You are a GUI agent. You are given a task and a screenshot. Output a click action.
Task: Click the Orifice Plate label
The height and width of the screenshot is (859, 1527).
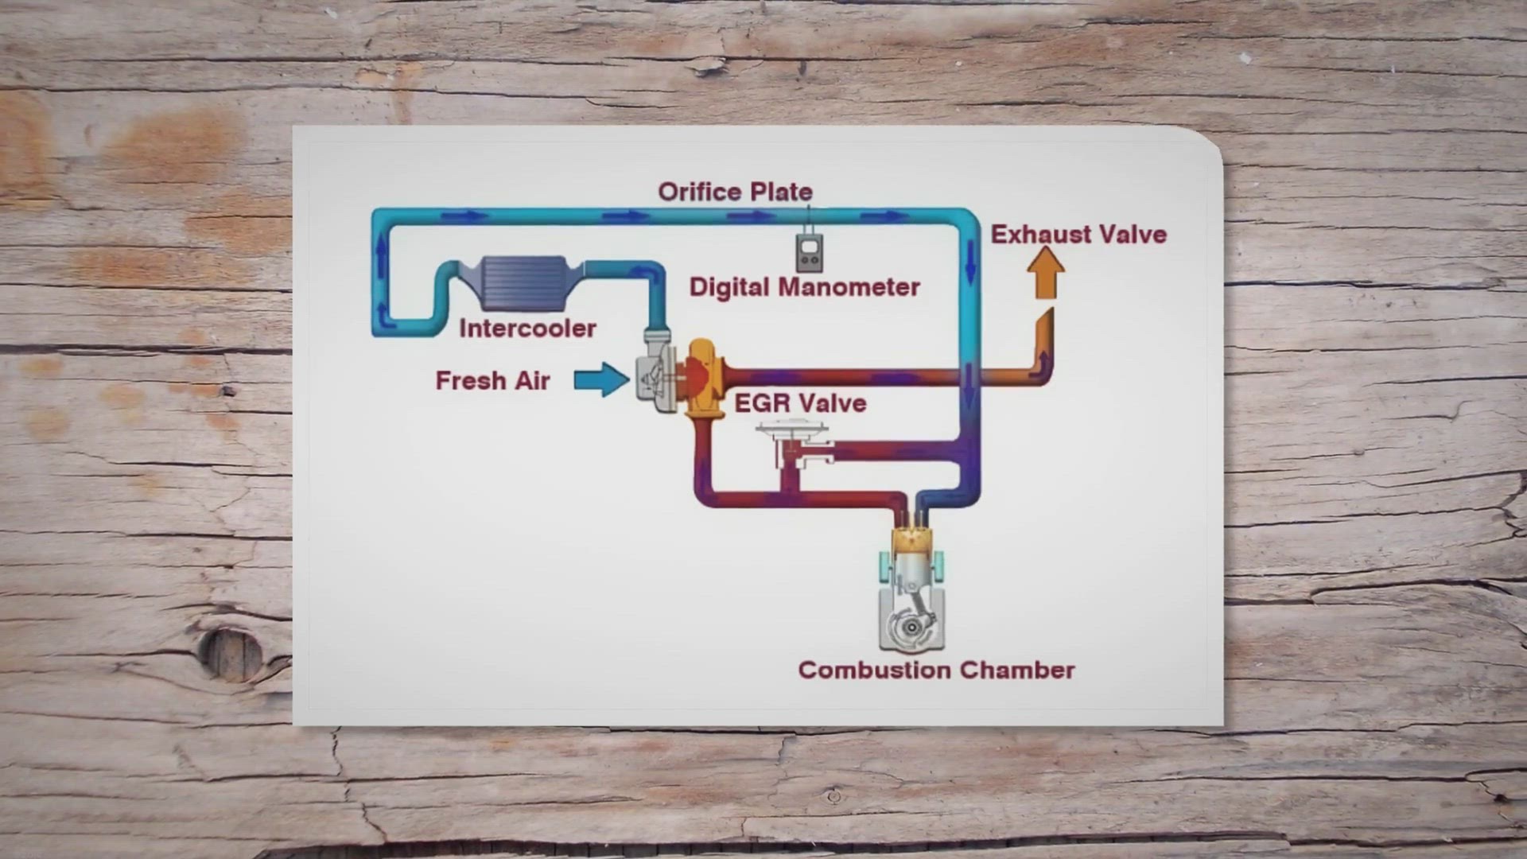tap(735, 192)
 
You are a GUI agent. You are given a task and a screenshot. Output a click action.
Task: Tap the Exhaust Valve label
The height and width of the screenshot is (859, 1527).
tap(1078, 235)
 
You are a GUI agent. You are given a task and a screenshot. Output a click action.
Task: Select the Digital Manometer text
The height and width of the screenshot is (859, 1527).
tap(804, 287)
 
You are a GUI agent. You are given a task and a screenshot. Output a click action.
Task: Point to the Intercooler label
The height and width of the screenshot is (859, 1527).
tap(527, 328)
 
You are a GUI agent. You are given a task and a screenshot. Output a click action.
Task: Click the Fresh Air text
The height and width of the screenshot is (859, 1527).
tap(492, 381)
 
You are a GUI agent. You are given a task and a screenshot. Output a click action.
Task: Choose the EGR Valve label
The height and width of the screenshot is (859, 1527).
tap(799, 403)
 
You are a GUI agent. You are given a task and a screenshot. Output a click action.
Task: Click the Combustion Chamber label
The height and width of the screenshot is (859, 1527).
tap(936, 670)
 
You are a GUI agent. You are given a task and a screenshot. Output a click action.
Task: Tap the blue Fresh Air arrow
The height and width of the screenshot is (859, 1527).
tap(601, 379)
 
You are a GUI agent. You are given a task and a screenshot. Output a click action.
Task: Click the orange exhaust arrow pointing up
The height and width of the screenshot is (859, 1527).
tap(1045, 272)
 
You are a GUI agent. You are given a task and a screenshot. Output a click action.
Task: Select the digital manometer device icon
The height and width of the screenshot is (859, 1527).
tap(810, 253)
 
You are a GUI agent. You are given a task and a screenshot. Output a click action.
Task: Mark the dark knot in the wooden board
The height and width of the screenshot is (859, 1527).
tap(231, 655)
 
